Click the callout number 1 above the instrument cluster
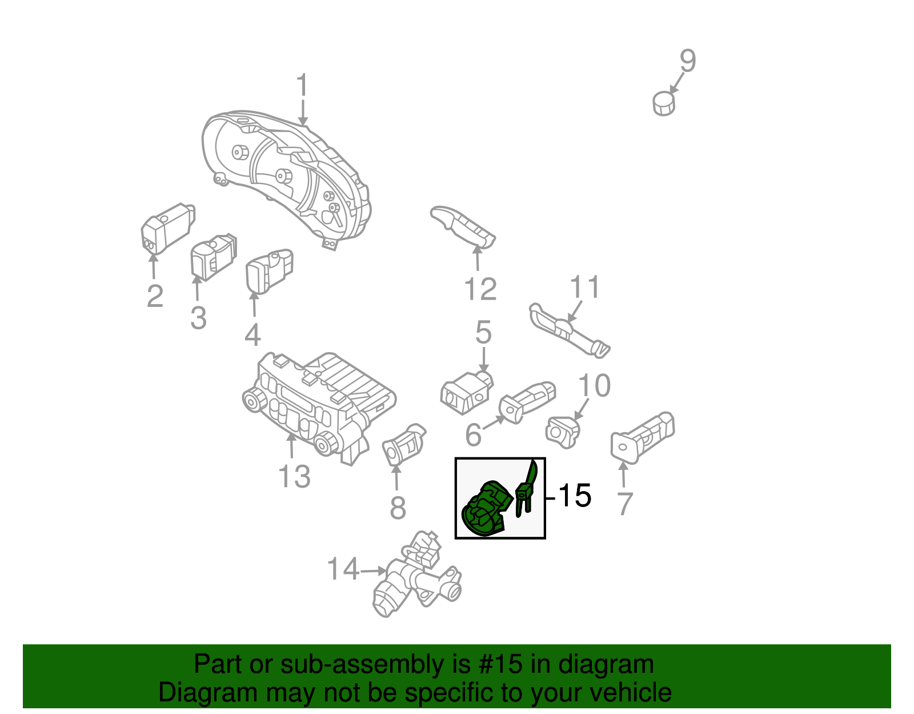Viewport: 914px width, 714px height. point(302,86)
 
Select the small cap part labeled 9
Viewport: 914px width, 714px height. point(663,103)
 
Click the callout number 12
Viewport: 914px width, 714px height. point(480,289)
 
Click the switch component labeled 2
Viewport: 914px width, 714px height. point(167,228)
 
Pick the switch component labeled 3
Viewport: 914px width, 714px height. point(212,257)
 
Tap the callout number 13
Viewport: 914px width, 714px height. point(294,476)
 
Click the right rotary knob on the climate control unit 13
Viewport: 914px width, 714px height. point(326,443)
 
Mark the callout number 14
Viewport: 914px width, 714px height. point(343,569)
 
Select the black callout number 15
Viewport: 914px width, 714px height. point(574,496)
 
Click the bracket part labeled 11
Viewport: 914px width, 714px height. point(568,330)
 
